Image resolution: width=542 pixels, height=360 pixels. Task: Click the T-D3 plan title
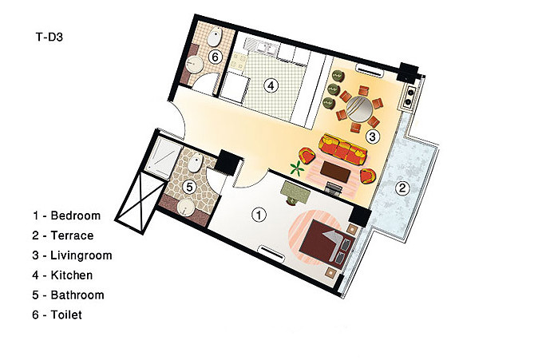[49, 37]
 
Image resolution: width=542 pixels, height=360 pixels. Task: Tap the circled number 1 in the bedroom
[259, 215]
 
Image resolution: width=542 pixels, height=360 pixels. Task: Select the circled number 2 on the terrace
[402, 188]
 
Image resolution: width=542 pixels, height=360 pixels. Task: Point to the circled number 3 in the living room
[372, 136]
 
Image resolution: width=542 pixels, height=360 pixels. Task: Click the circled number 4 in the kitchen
[271, 85]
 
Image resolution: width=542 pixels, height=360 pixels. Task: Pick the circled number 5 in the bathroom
[189, 187]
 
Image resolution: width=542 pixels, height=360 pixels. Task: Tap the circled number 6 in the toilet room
[215, 57]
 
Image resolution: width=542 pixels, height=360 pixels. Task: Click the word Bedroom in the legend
[76, 216]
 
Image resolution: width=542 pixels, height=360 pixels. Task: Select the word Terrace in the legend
[73, 235]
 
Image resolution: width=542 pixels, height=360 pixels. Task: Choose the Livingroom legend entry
[81, 256]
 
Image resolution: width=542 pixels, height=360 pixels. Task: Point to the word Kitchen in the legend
[72, 275]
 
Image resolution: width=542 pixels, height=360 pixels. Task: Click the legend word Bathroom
[77, 295]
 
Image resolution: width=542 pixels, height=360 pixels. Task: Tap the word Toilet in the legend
[66, 315]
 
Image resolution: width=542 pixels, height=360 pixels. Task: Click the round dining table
[360, 109]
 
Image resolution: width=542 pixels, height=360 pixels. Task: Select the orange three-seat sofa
[343, 149]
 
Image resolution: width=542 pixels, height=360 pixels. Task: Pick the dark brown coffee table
[334, 172]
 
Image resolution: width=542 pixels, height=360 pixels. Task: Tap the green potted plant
[297, 168]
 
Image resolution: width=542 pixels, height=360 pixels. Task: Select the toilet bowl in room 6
[215, 36]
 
